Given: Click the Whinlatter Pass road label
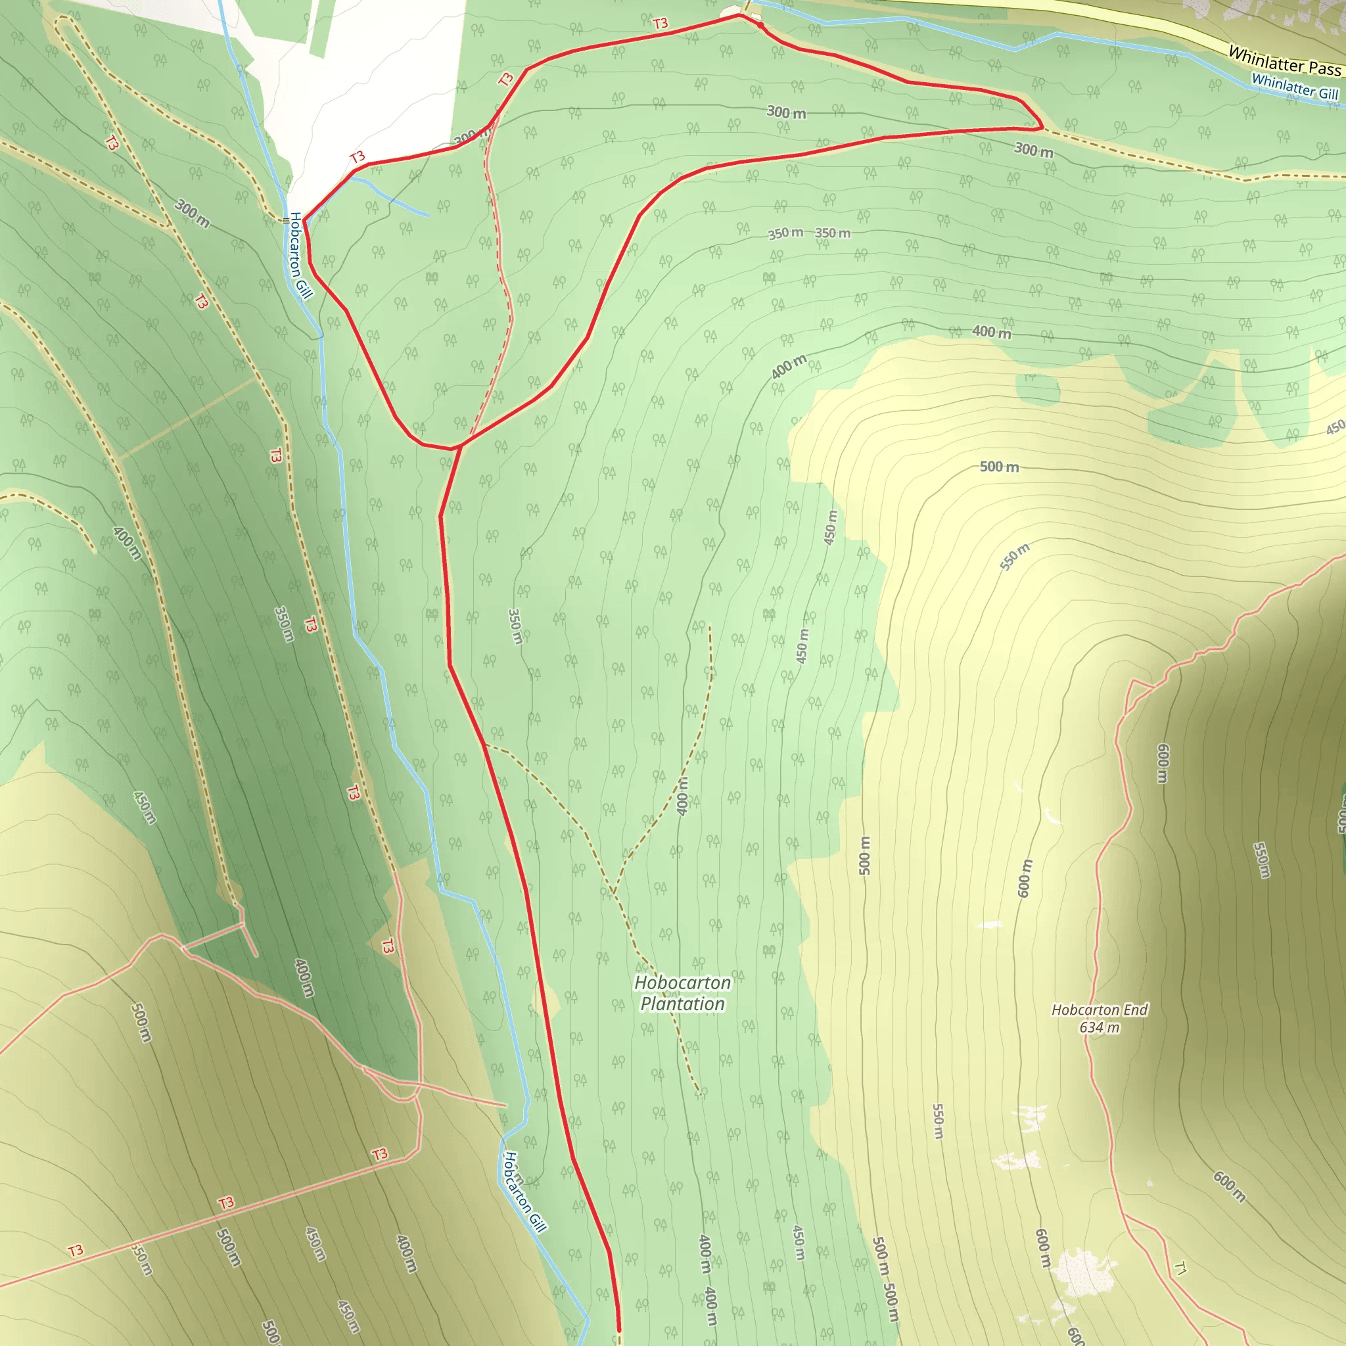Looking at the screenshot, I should point(1284,61).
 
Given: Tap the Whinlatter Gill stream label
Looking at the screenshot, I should point(1295,86).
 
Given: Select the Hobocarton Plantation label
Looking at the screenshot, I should point(682,993).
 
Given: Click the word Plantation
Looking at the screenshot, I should point(682,1004).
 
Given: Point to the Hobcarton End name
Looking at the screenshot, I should point(1100,1009).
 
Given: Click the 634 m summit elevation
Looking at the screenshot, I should point(1100,1027).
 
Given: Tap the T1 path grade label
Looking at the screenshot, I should point(1180,1268).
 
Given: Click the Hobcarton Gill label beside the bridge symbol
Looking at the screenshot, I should point(300,255).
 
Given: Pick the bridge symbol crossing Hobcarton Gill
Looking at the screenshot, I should point(286,220).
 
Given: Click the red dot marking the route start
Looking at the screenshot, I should point(760,26).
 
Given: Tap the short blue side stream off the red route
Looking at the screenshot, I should point(390,195).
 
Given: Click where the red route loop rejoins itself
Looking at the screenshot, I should point(459,446).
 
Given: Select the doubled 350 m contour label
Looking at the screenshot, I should point(809,233).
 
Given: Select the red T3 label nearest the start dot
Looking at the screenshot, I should point(661,24).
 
